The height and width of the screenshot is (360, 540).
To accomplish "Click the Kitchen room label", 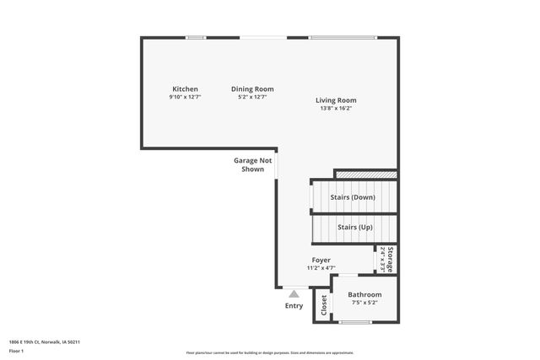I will click(185, 89).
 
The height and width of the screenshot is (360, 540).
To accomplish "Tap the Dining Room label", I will click(252, 89).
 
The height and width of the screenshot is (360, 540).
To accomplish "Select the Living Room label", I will click(336, 100).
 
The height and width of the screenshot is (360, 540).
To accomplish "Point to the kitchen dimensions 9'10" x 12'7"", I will click(185, 97).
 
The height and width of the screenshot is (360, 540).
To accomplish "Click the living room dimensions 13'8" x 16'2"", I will click(336, 108).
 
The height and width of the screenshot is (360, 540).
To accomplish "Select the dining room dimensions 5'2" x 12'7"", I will click(252, 97).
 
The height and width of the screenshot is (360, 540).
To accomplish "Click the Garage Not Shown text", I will click(253, 164).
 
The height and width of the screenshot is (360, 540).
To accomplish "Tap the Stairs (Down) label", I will click(353, 197).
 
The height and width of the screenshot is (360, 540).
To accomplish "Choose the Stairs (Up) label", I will click(354, 227).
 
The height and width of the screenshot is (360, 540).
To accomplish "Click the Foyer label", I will click(321, 261).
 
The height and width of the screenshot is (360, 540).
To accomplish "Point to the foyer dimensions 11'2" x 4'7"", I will click(321, 268).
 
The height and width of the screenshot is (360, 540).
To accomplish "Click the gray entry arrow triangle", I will click(294, 294).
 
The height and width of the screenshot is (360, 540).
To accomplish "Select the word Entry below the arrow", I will click(294, 306).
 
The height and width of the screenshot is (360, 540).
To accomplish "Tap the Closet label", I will click(323, 307).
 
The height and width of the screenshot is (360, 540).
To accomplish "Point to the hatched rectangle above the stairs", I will click(365, 175).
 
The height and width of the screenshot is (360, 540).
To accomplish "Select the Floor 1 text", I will click(16, 350).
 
